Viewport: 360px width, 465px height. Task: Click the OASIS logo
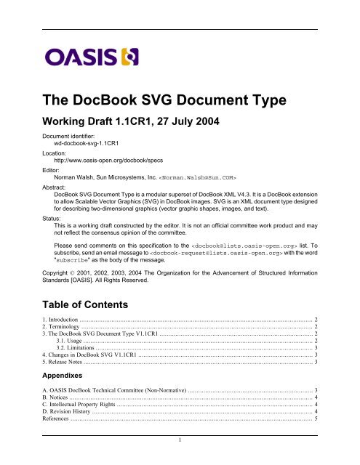(x=79, y=56)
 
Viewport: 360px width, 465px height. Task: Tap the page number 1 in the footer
(x=180, y=459)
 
